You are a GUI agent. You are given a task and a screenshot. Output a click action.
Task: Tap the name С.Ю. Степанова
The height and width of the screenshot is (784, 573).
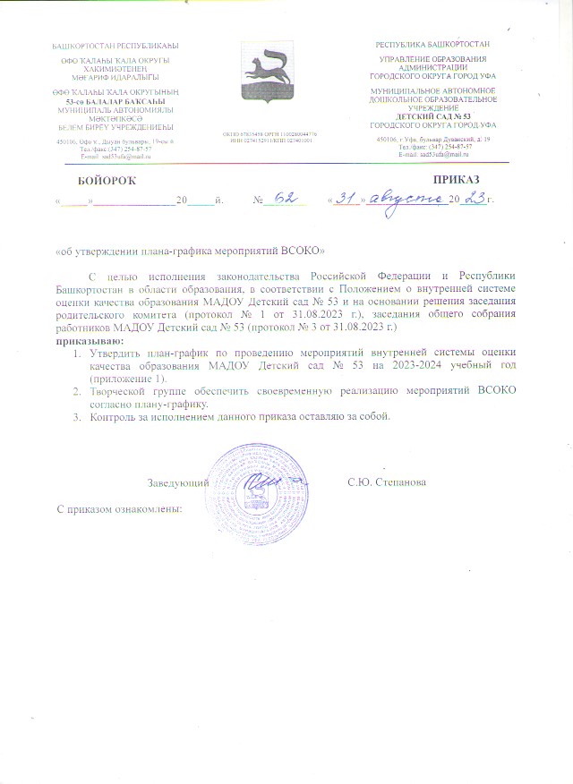click(x=387, y=482)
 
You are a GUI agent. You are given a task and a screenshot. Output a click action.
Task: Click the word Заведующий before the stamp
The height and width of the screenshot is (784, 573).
click(x=178, y=482)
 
